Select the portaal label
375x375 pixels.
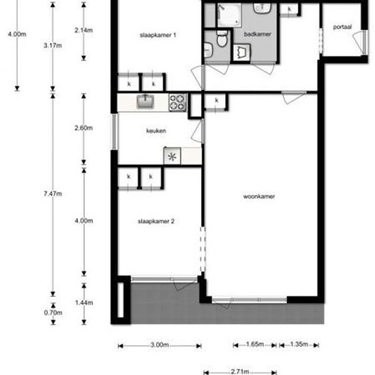pos(342,28)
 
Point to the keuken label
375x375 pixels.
pos(155,131)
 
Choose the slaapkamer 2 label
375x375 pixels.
pos(157,221)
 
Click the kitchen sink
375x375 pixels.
pos(145,102)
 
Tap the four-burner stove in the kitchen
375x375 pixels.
pos(177,102)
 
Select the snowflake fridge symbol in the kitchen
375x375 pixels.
pos(172,157)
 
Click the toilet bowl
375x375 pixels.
pos(221,41)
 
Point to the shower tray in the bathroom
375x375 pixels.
pos(226,14)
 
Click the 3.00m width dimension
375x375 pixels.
pos(159,346)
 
